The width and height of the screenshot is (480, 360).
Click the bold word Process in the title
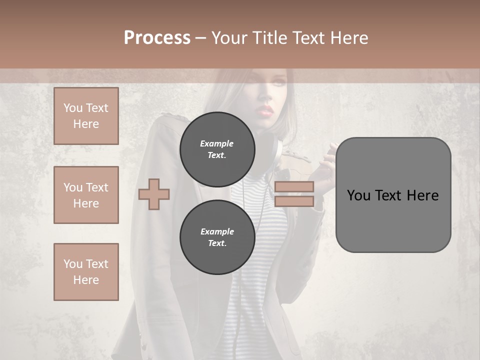point(157,38)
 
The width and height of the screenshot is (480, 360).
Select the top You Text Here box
point(86,116)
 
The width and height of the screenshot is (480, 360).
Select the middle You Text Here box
point(86,195)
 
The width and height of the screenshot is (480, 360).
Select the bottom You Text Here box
point(86,272)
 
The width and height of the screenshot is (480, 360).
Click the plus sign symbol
point(154,194)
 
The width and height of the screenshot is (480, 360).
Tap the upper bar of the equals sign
point(294,186)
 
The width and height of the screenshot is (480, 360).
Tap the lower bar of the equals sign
point(294,201)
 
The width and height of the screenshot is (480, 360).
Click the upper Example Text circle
point(217,149)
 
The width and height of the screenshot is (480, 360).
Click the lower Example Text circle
point(217,237)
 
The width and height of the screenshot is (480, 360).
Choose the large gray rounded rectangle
point(393,195)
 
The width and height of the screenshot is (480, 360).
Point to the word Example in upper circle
point(216,143)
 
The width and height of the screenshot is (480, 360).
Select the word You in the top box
point(72,108)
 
